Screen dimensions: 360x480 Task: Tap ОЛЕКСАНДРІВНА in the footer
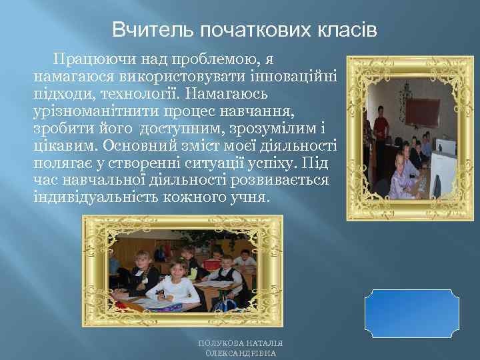[x=241, y=354]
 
